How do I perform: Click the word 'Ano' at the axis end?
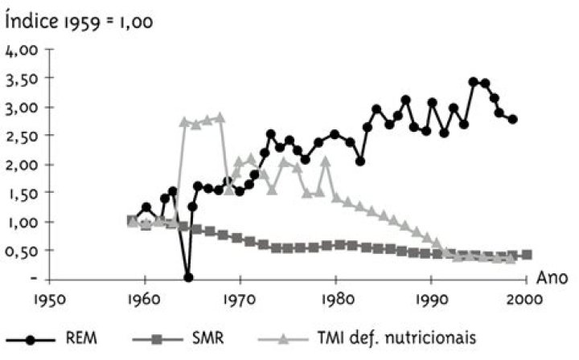pyautogui.click(x=552, y=278)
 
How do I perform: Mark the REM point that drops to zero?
pyautogui.click(x=188, y=277)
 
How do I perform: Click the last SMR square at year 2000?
pyautogui.click(x=526, y=255)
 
